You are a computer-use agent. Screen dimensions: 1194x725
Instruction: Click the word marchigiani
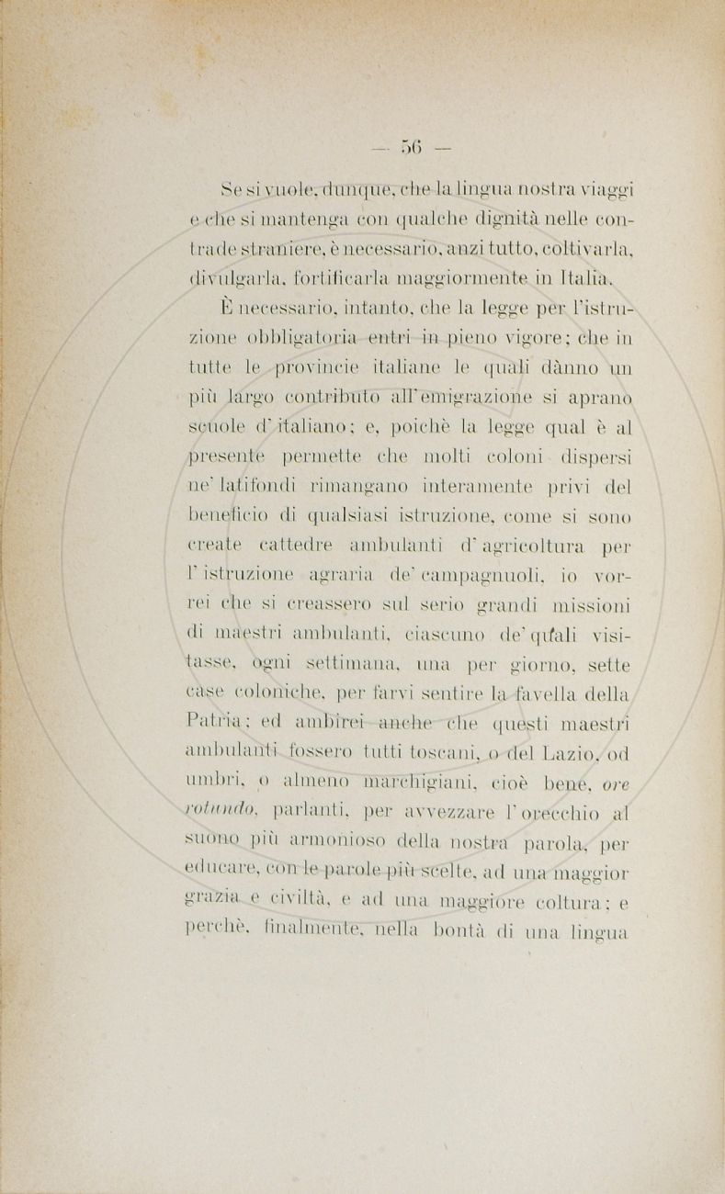point(426,783)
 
